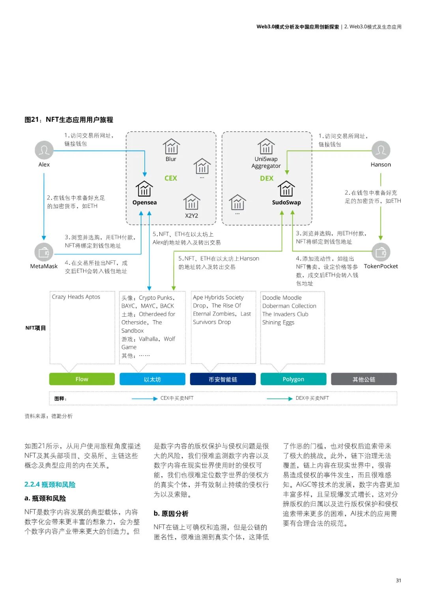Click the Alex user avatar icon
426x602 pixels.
pyautogui.click(x=44, y=150)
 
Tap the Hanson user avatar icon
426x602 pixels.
pyautogui.click(x=381, y=150)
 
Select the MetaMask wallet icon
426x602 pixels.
pyautogui.click(x=44, y=252)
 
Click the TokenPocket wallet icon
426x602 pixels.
pyautogui.click(x=381, y=252)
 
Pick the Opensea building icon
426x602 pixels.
pyautogui.click(x=144, y=189)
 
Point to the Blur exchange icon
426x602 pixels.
pyautogui.click(x=171, y=147)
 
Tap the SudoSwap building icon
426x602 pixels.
pyautogui.click(x=286, y=189)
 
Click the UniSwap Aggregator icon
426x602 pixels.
pyautogui.click(x=266, y=147)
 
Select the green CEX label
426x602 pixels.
pyautogui.click(x=171, y=178)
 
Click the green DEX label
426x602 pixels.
pyautogui.click(x=267, y=178)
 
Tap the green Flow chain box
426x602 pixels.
pyautogui.click(x=82, y=379)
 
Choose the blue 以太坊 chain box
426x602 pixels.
pyautogui.click(x=152, y=379)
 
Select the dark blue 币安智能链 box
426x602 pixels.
pyautogui.click(x=223, y=379)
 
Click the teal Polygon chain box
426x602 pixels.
pyautogui.click(x=293, y=379)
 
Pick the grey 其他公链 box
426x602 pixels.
pyautogui.click(x=364, y=379)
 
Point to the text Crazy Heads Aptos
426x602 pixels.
pyautogui.click(x=76, y=297)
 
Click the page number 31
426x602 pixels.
pyautogui.click(x=398, y=580)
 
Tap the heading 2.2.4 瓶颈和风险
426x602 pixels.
pyautogui.click(x=50, y=485)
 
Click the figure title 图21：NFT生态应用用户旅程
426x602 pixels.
pyautogui.click(x=69, y=119)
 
